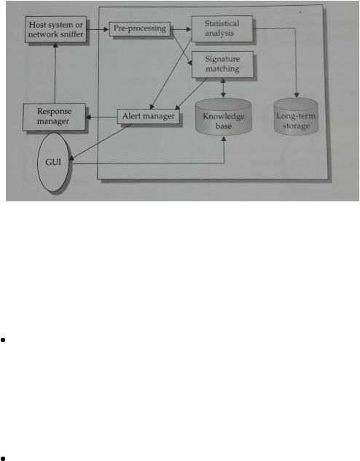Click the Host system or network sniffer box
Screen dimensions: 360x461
pos(56,29)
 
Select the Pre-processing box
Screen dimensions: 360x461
pos(140,29)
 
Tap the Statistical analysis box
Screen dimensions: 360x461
pos(222,28)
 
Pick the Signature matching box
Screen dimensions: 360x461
pos(222,64)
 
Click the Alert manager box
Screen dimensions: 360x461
pos(148,117)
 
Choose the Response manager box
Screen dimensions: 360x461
pos(55,117)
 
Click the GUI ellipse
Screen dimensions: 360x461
pos(53,162)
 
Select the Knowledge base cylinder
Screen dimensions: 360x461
pos(224,117)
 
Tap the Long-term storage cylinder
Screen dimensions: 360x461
pos(296,117)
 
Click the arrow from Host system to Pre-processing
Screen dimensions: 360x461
pos(98,29)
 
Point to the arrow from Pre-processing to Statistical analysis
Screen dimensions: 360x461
pos(181,29)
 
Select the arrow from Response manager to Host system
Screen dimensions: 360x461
pos(55,73)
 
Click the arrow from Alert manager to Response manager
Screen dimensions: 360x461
pos(101,117)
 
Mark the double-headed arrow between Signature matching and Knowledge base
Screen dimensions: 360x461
pos(223,88)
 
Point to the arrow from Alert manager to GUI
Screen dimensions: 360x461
pos(100,142)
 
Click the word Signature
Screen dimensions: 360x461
pos(222,59)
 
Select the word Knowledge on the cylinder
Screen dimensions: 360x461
pos(224,117)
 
